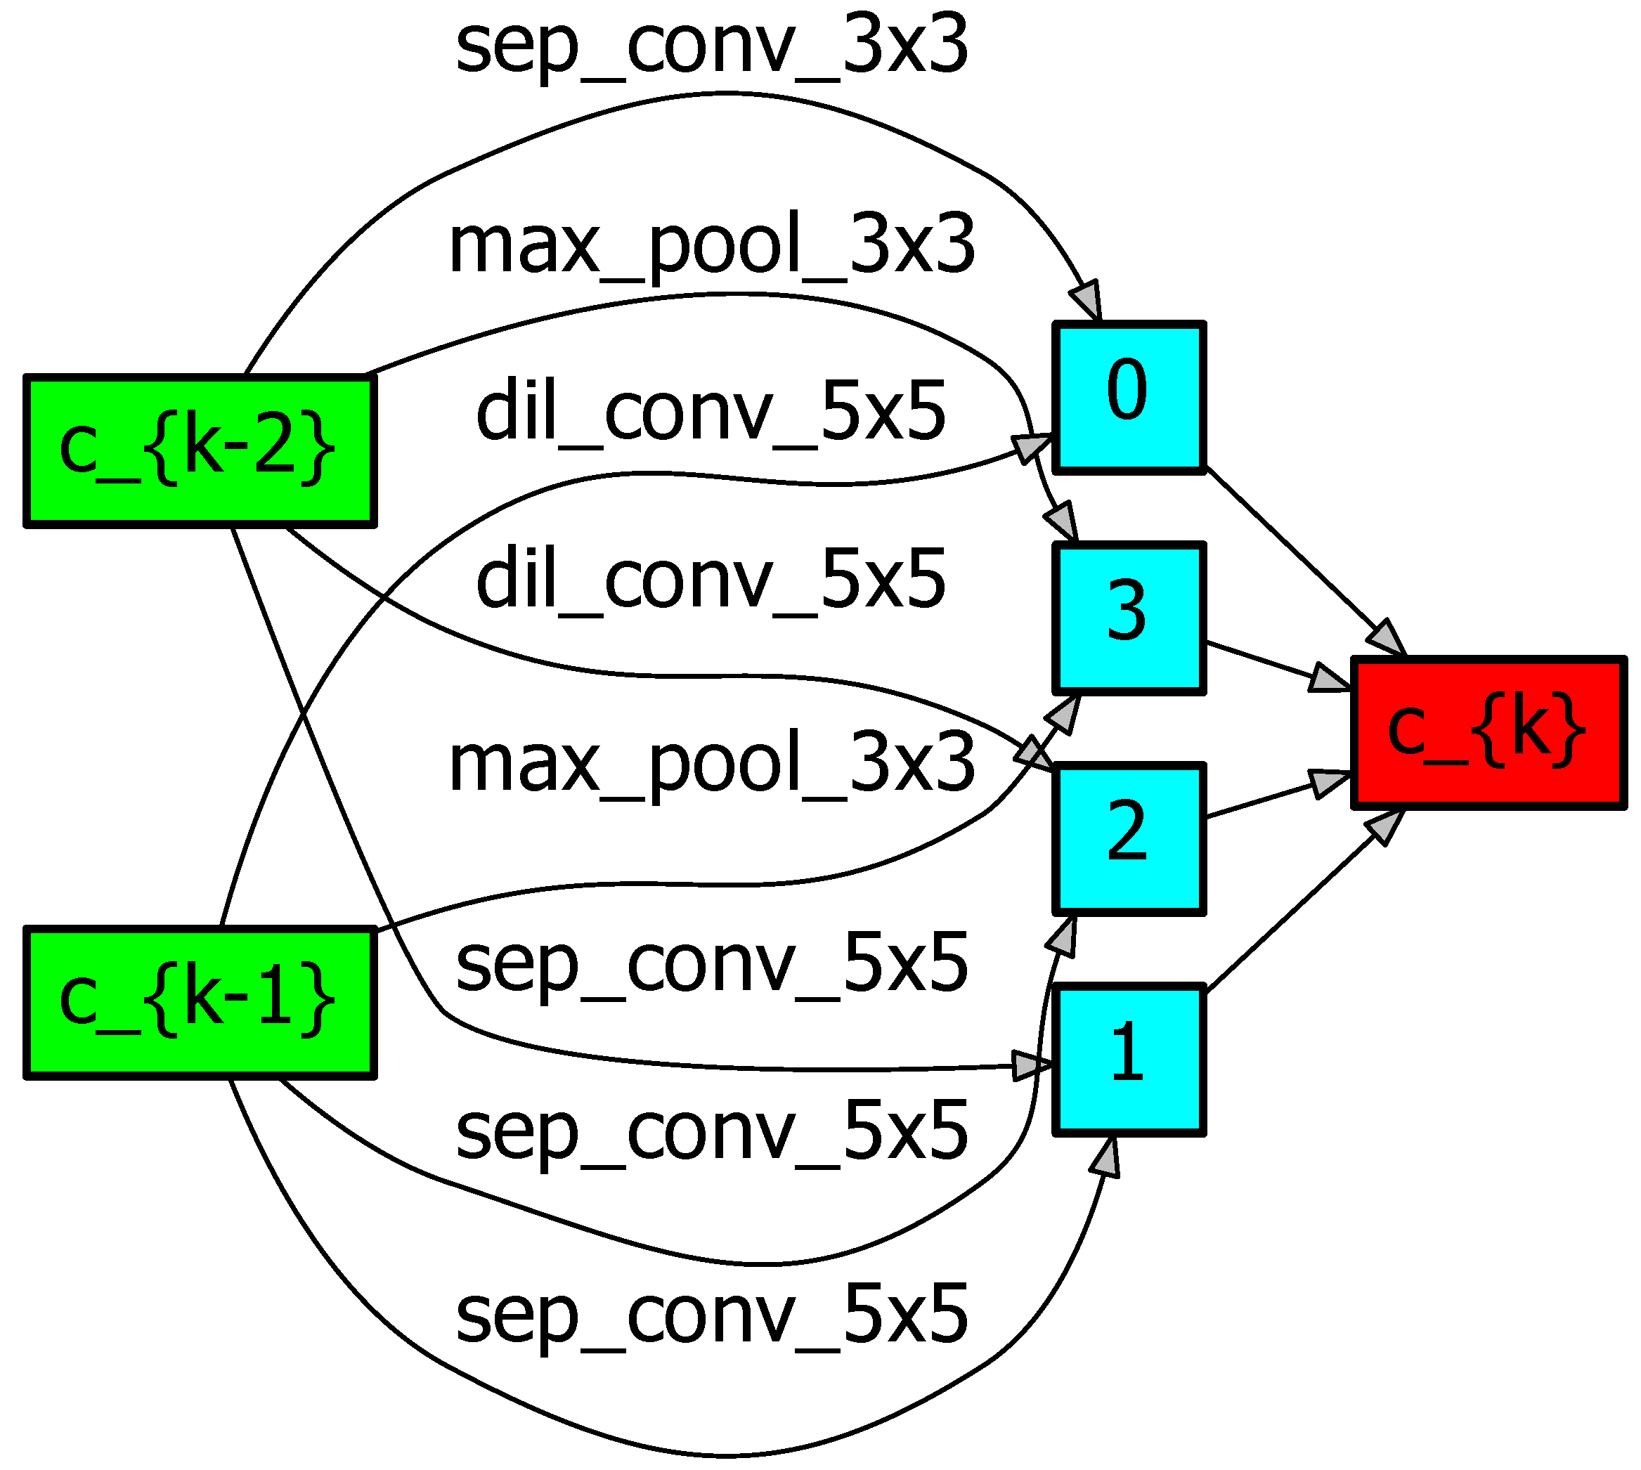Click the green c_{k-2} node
tap(200, 450)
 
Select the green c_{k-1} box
tap(200, 1002)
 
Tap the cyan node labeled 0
tap(1129, 396)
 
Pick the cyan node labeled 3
tap(1129, 618)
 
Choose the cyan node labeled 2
tap(1129, 839)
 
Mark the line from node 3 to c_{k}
tap(1261, 661)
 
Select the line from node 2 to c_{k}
tap(1261, 800)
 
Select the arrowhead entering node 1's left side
tap(1031, 1065)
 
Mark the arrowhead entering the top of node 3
tap(1064, 521)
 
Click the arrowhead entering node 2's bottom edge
tap(1065, 937)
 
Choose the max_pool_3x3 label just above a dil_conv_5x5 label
tap(711, 245)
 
